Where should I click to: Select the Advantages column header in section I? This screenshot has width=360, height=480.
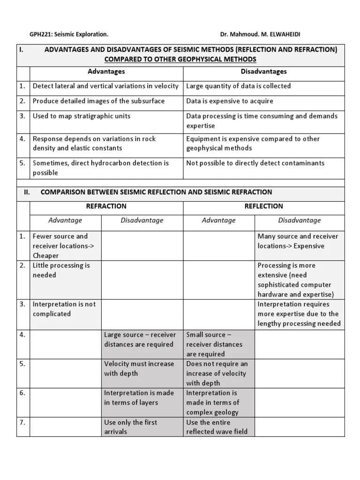click(x=106, y=71)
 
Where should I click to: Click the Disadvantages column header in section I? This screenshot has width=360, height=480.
click(x=263, y=71)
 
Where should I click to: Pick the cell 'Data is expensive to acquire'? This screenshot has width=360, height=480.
click(x=230, y=101)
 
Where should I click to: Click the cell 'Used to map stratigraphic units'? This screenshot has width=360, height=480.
click(x=82, y=116)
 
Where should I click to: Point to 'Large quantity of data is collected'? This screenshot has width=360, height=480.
click(x=238, y=86)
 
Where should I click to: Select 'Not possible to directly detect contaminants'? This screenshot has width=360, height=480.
click(x=255, y=163)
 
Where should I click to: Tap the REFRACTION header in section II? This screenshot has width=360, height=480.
click(x=106, y=206)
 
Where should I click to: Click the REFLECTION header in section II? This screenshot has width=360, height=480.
click(x=263, y=206)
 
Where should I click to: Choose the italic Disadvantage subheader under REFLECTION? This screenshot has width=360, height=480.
click(x=299, y=220)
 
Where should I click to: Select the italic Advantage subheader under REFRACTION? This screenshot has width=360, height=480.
click(x=65, y=220)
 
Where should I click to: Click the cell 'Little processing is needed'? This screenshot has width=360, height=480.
click(x=61, y=270)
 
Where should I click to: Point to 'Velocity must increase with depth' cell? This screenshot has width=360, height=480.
click(x=139, y=368)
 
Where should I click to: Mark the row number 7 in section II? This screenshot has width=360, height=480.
click(x=22, y=422)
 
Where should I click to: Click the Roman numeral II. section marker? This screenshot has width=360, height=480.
click(x=27, y=192)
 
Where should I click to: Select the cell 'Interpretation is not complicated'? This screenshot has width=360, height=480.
click(x=64, y=309)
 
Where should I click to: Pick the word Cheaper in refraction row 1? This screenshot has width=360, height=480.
click(x=46, y=255)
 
